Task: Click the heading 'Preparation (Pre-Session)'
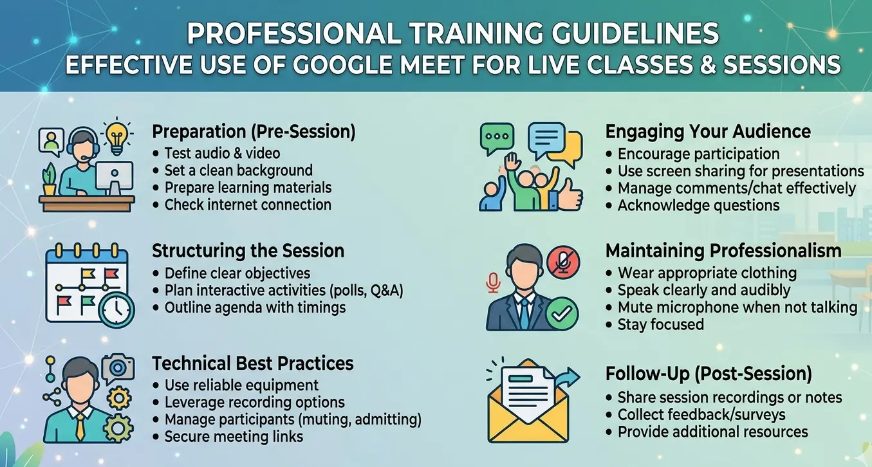(254, 132)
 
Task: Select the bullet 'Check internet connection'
(248, 205)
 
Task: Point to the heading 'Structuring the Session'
(248, 250)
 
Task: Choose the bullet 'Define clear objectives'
(237, 273)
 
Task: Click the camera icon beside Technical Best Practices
(117, 367)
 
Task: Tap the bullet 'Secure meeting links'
(234, 437)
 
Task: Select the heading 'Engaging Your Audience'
(708, 132)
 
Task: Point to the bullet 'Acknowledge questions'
(698, 206)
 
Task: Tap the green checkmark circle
(562, 313)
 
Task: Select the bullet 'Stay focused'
(660, 324)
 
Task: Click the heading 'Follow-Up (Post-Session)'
(709, 374)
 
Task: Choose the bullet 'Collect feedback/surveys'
(701, 415)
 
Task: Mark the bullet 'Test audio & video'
(222, 153)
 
